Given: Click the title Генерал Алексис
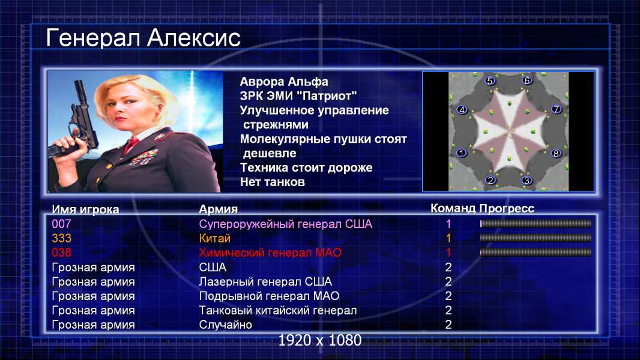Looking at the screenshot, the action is tap(143, 38).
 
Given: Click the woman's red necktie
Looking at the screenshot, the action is tap(131, 145).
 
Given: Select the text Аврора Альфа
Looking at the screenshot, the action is tap(283, 82).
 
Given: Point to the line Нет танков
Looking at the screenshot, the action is tap(272, 182).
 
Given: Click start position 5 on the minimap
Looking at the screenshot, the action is tap(489, 81).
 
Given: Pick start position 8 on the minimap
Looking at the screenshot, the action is tap(556, 153).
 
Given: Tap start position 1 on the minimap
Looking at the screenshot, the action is tap(462, 153).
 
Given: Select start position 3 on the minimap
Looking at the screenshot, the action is tap(527, 180).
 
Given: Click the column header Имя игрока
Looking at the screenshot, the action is tap(85, 209).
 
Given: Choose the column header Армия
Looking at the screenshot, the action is tap(219, 209).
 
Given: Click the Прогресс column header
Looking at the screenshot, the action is tap(507, 209).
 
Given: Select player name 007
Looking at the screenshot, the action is tap(61, 224).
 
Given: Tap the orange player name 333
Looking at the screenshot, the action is tap(61, 238).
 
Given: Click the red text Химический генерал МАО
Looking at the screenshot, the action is tap(270, 253).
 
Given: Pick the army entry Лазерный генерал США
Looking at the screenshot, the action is tap(265, 282).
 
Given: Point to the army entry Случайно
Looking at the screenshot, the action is tap(225, 325).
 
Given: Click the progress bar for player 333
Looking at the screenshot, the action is tap(536, 238).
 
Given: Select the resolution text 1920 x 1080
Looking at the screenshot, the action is tap(320, 340).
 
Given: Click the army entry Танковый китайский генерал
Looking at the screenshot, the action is tap(277, 311).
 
